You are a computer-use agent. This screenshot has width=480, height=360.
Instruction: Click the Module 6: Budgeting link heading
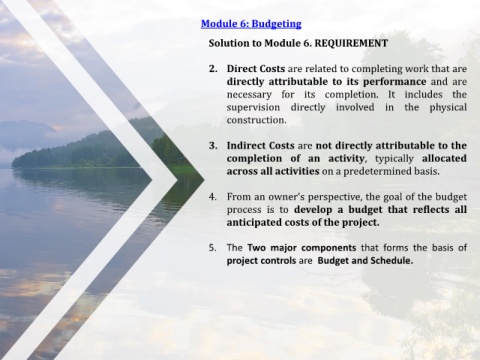click(x=251, y=24)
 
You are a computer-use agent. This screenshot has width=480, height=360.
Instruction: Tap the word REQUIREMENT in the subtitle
click(x=351, y=43)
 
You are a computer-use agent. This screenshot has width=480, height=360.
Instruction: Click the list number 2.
click(x=213, y=69)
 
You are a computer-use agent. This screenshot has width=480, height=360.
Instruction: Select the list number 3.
click(x=213, y=146)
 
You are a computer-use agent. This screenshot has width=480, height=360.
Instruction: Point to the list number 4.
click(x=213, y=197)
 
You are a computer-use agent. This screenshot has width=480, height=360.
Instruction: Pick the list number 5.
click(x=213, y=248)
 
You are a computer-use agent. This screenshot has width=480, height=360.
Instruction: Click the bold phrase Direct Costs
click(x=256, y=69)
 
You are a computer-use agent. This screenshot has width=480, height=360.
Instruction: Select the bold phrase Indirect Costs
click(x=260, y=146)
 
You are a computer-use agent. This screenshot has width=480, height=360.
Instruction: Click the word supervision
click(x=253, y=108)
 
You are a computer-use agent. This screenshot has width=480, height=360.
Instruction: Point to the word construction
click(x=256, y=120)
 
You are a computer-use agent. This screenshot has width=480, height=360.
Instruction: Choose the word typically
click(x=394, y=159)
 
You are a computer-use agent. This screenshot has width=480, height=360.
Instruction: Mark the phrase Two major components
click(x=302, y=248)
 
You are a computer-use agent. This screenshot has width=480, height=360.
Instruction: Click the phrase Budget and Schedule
click(x=365, y=261)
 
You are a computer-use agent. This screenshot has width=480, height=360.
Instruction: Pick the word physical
click(x=448, y=108)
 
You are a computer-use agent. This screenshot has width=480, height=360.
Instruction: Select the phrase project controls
click(x=261, y=261)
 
